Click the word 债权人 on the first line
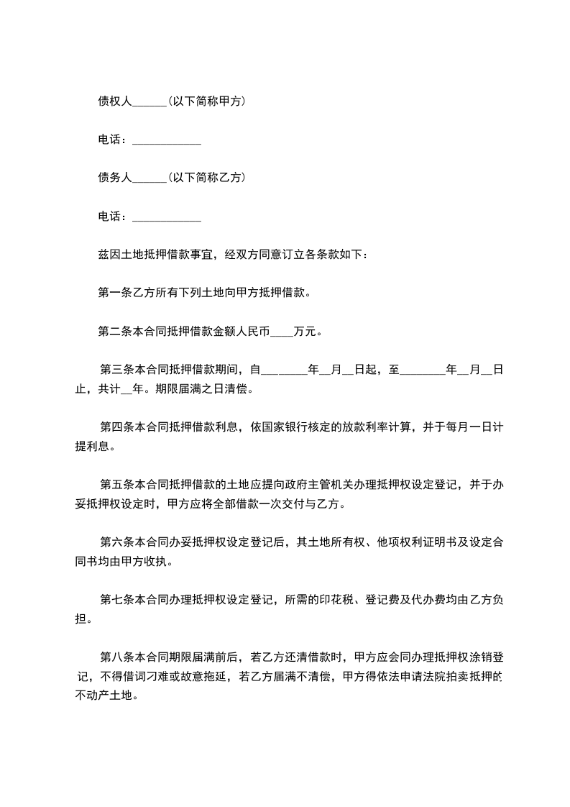pos(115,101)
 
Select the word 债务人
pos(115,177)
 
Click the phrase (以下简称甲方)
pos(206,101)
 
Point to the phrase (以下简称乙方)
pos(206,177)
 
